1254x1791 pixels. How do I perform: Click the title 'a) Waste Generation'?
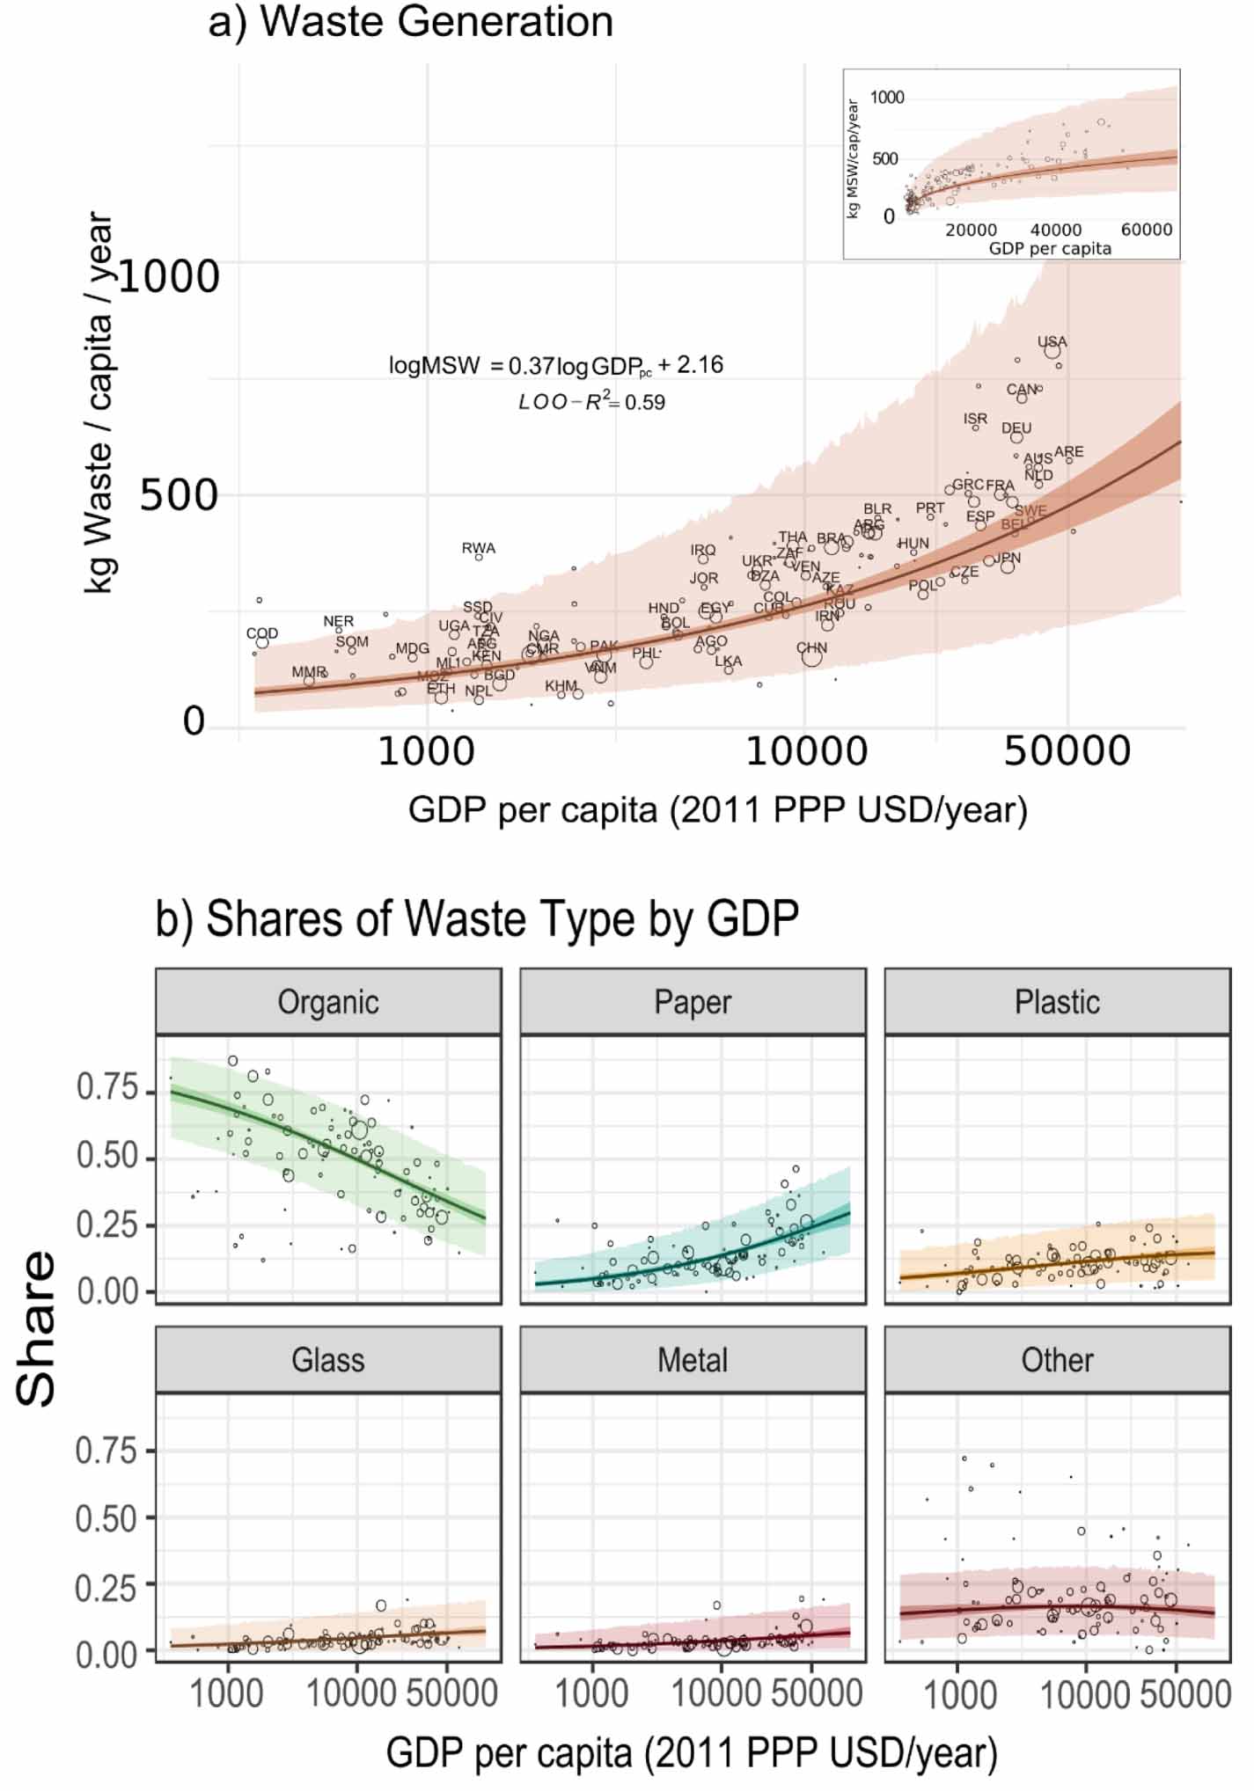point(410,21)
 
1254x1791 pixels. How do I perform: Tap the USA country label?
point(1052,341)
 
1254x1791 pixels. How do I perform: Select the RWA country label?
point(479,548)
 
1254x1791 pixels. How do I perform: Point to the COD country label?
point(262,633)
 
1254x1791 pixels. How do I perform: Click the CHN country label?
point(811,647)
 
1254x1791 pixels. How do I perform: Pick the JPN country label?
point(1008,558)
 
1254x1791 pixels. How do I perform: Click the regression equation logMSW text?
point(555,365)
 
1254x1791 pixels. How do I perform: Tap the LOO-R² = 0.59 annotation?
point(591,402)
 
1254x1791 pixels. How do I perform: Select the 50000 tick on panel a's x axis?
point(1067,752)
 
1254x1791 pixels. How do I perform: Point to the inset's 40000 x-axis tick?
point(1056,230)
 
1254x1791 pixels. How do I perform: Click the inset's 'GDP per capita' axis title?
point(1050,249)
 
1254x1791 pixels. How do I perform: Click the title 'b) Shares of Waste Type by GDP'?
point(477,919)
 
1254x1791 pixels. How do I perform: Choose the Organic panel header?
point(328,1002)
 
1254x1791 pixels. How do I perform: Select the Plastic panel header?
point(1057,1002)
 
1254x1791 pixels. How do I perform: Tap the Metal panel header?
point(693,1360)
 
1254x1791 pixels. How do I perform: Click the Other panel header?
point(1057,1360)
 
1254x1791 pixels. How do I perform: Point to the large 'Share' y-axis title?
point(37,1328)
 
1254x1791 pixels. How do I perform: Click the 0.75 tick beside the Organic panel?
point(107,1088)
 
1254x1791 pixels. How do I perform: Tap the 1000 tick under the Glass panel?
point(227,1693)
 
